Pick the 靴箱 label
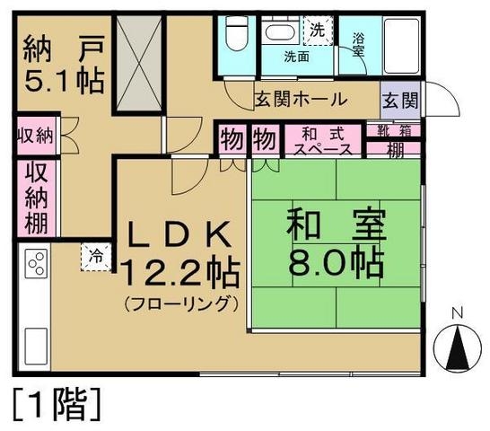[393, 131]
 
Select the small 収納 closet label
[34, 138]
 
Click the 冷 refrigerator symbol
[96, 256]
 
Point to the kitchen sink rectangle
[35, 343]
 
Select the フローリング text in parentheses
[181, 303]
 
